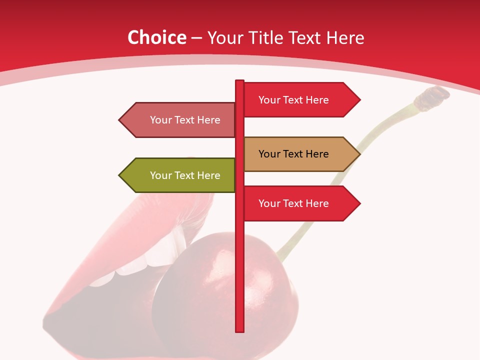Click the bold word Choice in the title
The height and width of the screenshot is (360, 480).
click(156, 38)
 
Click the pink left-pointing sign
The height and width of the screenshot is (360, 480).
click(180, 120)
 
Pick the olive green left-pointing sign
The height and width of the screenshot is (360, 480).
click(180, 175)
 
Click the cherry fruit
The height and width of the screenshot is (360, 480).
click(220, 290)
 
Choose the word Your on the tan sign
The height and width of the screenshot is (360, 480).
click(269, 154)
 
